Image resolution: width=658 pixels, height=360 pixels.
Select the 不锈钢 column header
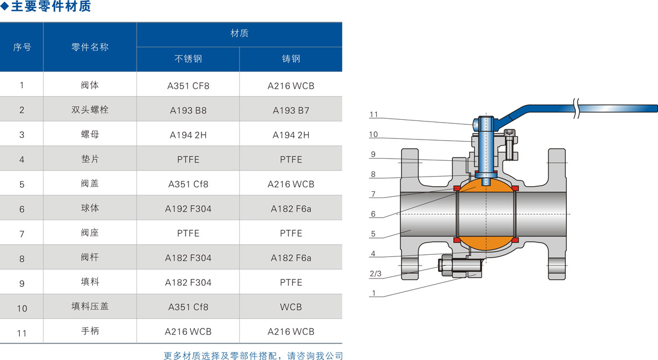tap(188, 59)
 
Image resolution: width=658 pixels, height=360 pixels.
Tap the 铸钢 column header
tap(291, 59)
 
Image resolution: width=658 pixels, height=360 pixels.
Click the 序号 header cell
tap(22, 47)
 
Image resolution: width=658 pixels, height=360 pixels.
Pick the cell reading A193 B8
tap(188, 111)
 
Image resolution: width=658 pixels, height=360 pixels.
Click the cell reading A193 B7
tap(291, 111)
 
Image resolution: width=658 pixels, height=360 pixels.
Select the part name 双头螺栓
tap(90, 110)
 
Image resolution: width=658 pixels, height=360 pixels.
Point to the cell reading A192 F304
tap(188, 209)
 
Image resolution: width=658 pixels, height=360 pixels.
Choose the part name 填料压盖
tap(90, 307)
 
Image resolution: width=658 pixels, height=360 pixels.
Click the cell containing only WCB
tap(291, 307)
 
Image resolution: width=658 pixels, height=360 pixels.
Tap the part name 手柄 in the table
tap(90, 331)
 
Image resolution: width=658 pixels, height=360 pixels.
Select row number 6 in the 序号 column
tap(22, 209)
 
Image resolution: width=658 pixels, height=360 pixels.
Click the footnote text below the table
tap(253, 355)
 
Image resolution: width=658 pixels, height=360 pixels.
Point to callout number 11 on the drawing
tap(374, 115)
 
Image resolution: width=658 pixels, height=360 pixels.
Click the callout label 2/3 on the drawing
tap(375, 274)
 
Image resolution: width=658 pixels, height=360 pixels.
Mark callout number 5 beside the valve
tap(373, 234)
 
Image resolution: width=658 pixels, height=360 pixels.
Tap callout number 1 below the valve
tap(373, 293)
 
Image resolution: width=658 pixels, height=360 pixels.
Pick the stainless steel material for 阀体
tap(188, 86)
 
